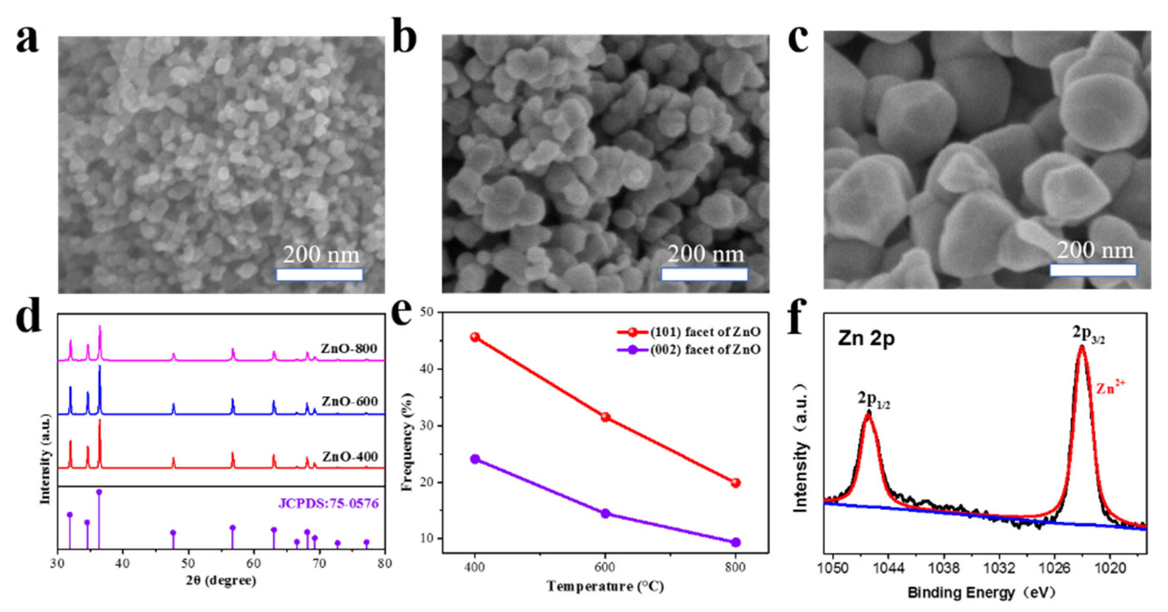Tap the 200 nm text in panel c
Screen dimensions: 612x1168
[x=1095, y=250]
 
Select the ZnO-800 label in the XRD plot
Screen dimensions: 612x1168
[x=349, y=348]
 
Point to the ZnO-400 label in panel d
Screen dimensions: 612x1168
[x=350, y=457]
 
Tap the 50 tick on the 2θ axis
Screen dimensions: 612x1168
[x=188, y=564]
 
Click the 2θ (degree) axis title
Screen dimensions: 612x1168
[x=221, y=581]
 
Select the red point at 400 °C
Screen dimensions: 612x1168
[x=475, y=337]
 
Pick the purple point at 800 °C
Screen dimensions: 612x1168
[x=735, y=542]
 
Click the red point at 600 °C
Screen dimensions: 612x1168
[x=605, y=417]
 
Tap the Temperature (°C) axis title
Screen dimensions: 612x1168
[x=605, y=586]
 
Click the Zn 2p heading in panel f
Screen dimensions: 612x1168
[x=866, y=339]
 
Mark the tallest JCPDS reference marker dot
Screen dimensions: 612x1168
[x=99, y=492]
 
